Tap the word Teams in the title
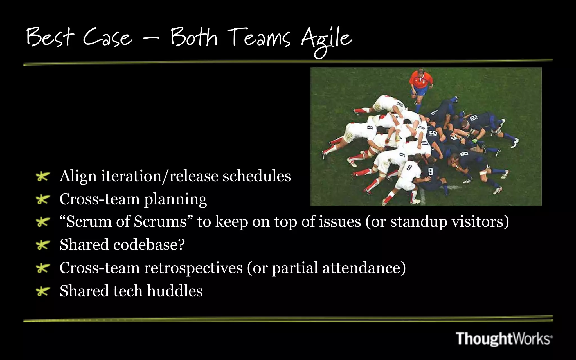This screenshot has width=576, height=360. (259, 38)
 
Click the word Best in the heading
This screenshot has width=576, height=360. (50, 37)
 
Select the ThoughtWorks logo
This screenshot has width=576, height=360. (504, 338)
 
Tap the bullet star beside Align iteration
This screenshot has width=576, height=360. (43, 177)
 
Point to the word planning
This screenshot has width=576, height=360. (175, 200)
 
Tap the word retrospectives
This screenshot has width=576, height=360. (193, 268)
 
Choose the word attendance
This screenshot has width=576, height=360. (364, 268)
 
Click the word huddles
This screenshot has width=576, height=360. (175, 291)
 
